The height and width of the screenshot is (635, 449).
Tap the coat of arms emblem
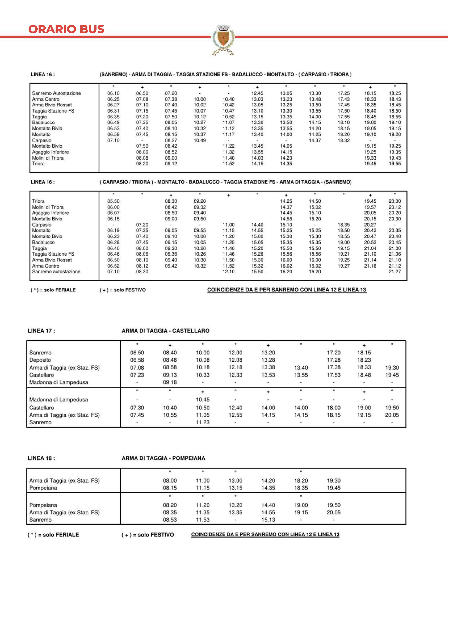point(223,39)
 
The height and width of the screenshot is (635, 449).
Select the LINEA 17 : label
point(41,331)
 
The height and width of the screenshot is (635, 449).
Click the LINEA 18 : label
point(41,458)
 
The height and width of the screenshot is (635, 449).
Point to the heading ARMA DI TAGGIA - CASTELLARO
point(165,331)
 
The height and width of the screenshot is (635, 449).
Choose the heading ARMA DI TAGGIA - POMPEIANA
point(163,458)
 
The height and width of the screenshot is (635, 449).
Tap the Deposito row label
point(40,360)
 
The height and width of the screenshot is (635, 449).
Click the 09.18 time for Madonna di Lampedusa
point(170,382)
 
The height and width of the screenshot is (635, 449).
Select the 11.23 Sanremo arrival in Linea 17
point(203,422)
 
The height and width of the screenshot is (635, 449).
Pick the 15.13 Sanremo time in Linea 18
point(268,520)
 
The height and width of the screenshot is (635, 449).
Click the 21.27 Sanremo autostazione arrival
point(395,272)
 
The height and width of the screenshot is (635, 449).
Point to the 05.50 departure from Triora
point(113,201)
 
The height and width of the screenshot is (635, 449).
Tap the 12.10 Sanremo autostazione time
point(228,272)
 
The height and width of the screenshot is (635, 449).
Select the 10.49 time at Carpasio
point(200,140)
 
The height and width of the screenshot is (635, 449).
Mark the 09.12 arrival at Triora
point(171,164)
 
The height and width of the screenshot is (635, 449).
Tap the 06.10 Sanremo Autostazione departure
point(113,93)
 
